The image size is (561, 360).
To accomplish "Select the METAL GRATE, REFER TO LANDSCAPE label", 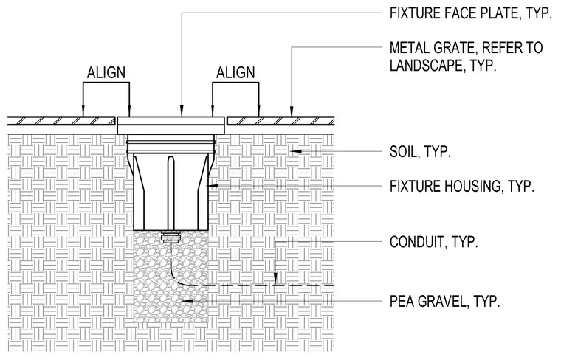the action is pos(467,57).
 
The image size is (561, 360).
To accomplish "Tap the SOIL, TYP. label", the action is pos(420,152).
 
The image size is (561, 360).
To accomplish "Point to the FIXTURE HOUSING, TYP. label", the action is pos(462,186).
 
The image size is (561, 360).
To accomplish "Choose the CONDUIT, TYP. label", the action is pos(433,242).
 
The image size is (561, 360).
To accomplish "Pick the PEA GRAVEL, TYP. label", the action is pos(444,302).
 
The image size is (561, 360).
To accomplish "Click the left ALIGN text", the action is pos(106,72).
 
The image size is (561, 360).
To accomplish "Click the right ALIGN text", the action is pos(235,72).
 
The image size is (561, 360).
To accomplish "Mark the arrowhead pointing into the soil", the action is pos(295,151).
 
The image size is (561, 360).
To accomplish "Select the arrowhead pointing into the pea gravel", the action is pos(187,302).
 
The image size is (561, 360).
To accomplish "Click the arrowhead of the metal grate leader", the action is pos(292,111).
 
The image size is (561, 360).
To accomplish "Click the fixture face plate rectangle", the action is pos(171,125).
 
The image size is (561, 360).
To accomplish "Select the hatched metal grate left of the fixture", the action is pos(61,121).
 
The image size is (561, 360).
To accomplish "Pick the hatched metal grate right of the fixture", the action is pos(280,121).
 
